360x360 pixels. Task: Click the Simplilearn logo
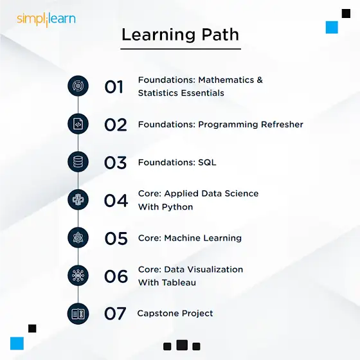pos(46,19)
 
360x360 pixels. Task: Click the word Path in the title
pos(220,35)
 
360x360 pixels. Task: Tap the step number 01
pos(114,87)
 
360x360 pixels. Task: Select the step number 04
pos(116,201)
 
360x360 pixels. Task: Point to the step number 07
pos(115,314)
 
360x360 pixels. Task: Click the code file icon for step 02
pos(78,124)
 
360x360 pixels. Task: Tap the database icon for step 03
pos(78,162)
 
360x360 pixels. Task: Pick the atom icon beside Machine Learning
pos(78,238)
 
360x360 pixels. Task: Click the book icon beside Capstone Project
pos(78,314)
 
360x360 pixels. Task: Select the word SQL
pos(207,163)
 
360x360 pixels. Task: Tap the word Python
pos(177,207)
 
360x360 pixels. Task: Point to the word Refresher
pos(282,125)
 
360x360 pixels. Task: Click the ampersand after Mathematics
pos(260,80)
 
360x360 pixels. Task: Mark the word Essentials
pos(203,93)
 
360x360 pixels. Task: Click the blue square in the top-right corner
pos(332,27)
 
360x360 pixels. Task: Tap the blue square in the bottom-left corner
pos(17,343)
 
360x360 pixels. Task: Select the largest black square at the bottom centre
pos(182,345)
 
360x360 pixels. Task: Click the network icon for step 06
pos(78,276)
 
